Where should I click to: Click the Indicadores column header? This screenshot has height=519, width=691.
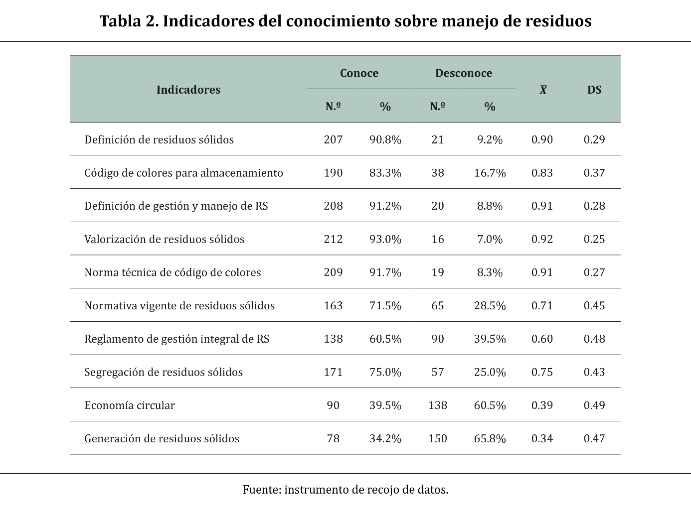188,90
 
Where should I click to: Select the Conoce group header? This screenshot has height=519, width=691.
359,73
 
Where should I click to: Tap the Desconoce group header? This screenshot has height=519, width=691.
464,73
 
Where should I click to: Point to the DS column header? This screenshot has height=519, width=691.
594,90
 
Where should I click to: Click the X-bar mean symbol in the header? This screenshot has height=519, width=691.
543,90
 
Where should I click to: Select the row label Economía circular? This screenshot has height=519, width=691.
130,405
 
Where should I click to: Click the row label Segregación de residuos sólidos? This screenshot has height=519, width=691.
164,372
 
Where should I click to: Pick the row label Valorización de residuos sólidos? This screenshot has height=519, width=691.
165,239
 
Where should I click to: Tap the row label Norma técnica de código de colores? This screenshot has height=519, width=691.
173,272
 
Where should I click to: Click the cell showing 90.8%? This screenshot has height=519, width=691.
385,139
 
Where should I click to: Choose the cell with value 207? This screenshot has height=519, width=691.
333,139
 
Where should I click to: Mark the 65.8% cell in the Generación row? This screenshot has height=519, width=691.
490,439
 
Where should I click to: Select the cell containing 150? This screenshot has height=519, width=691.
437,439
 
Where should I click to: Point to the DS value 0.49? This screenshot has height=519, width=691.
594,405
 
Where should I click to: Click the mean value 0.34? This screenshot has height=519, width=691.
542,439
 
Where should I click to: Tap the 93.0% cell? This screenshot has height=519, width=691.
385,239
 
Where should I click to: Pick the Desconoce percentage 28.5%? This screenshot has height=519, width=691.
490,306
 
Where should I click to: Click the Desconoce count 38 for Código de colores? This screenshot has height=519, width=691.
437,173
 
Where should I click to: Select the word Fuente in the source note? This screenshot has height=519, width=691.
262,490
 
